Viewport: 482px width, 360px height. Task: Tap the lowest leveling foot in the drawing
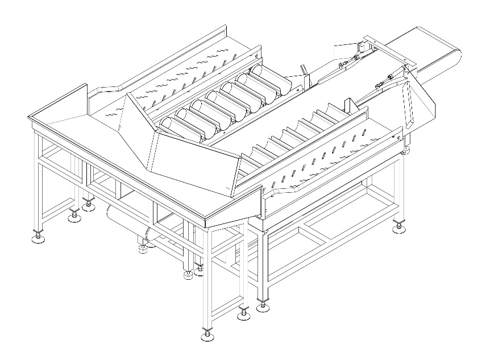[208, 336]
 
